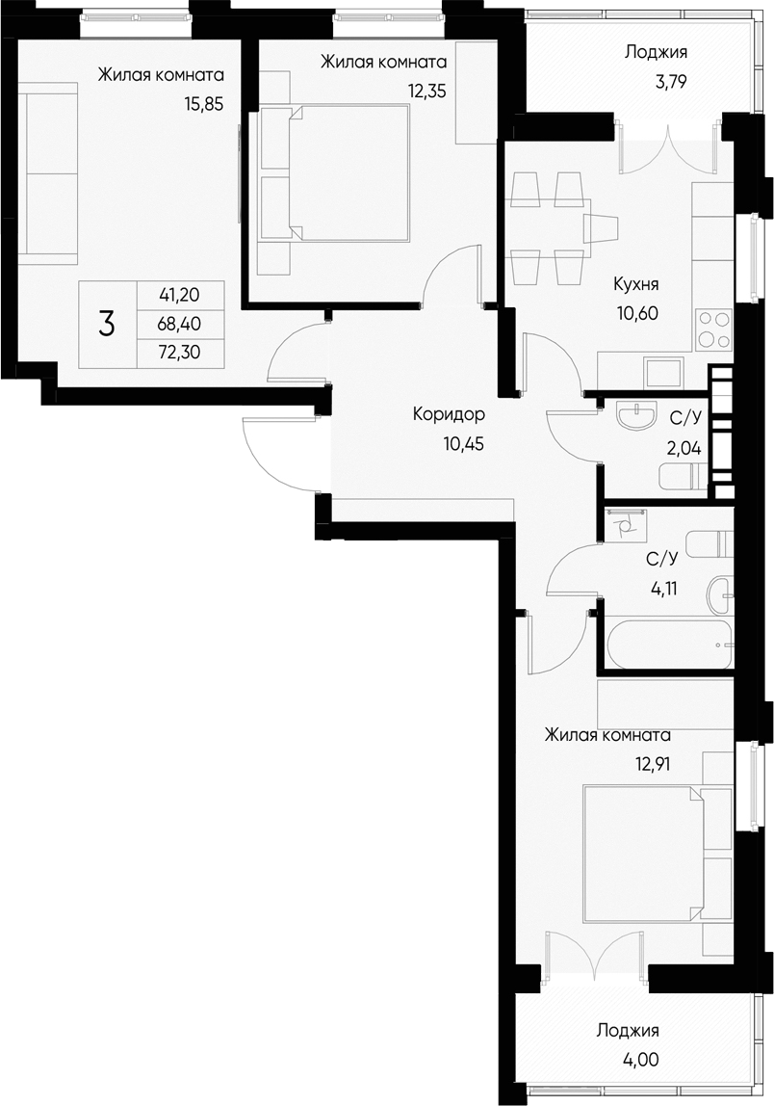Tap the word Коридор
coord(449,415)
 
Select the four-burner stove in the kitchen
coord(713,329)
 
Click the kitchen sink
coord(663,371)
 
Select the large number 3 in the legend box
coord(106,325)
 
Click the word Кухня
coord(635,285)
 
